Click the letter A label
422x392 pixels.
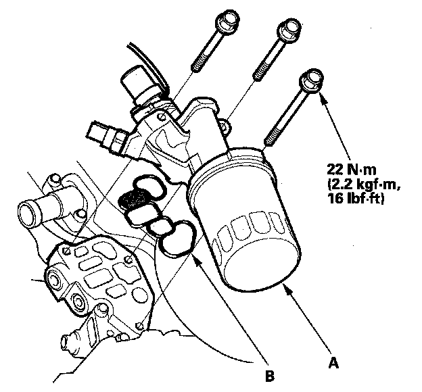[x=333, y=363]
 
